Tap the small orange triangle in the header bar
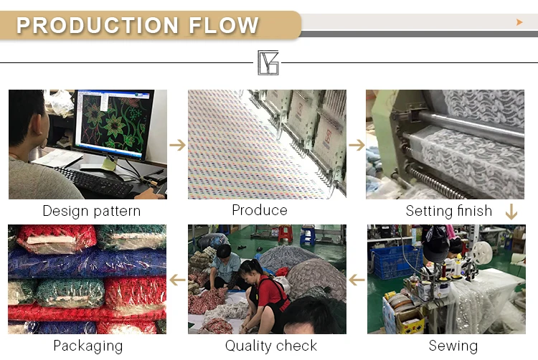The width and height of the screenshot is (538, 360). click(519, 22)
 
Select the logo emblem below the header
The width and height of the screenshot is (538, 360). click(268, 62)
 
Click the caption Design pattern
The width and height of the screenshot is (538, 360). click(91, 211)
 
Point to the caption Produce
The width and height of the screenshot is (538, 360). click(259, 210)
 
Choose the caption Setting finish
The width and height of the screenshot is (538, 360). click(448, 211)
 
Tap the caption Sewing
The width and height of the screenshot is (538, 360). click(453, 346)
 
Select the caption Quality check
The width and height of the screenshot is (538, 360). click(270, 346)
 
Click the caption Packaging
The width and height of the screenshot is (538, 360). click(88, 346)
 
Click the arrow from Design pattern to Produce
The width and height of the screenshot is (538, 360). click(177, 145)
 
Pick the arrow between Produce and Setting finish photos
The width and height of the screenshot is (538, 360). click(357, 145)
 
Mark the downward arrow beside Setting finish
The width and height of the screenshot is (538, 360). click(511, 212)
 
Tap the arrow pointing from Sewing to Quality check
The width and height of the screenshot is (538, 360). click(357, 279)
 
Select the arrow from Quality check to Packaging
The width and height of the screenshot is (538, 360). click(177, 279)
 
